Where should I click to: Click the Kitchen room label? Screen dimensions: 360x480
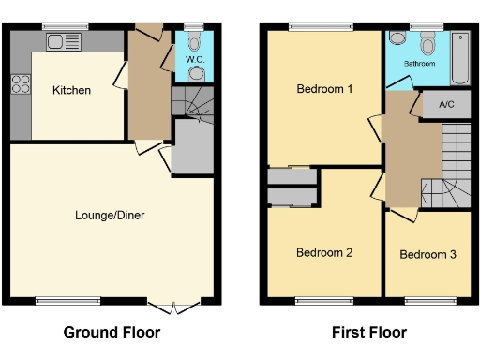tap(71, 90)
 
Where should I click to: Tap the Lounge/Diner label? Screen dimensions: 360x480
tap(110, 215)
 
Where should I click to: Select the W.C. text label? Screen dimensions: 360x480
tap(194, 59)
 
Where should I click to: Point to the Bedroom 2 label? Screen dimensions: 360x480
tap(324, 252)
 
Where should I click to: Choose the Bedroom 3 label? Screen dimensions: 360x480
tap(428, 255)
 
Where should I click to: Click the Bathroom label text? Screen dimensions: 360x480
tap(419, 64)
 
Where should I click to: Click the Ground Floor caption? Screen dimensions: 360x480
tap(112, 332)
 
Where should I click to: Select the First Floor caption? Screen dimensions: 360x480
tap(368, 332)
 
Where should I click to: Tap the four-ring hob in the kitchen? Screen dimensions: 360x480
tap(20, 84)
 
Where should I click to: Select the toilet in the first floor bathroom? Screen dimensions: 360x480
tap(428, 42)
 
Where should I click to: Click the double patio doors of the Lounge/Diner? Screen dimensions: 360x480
tap(173, 305)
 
